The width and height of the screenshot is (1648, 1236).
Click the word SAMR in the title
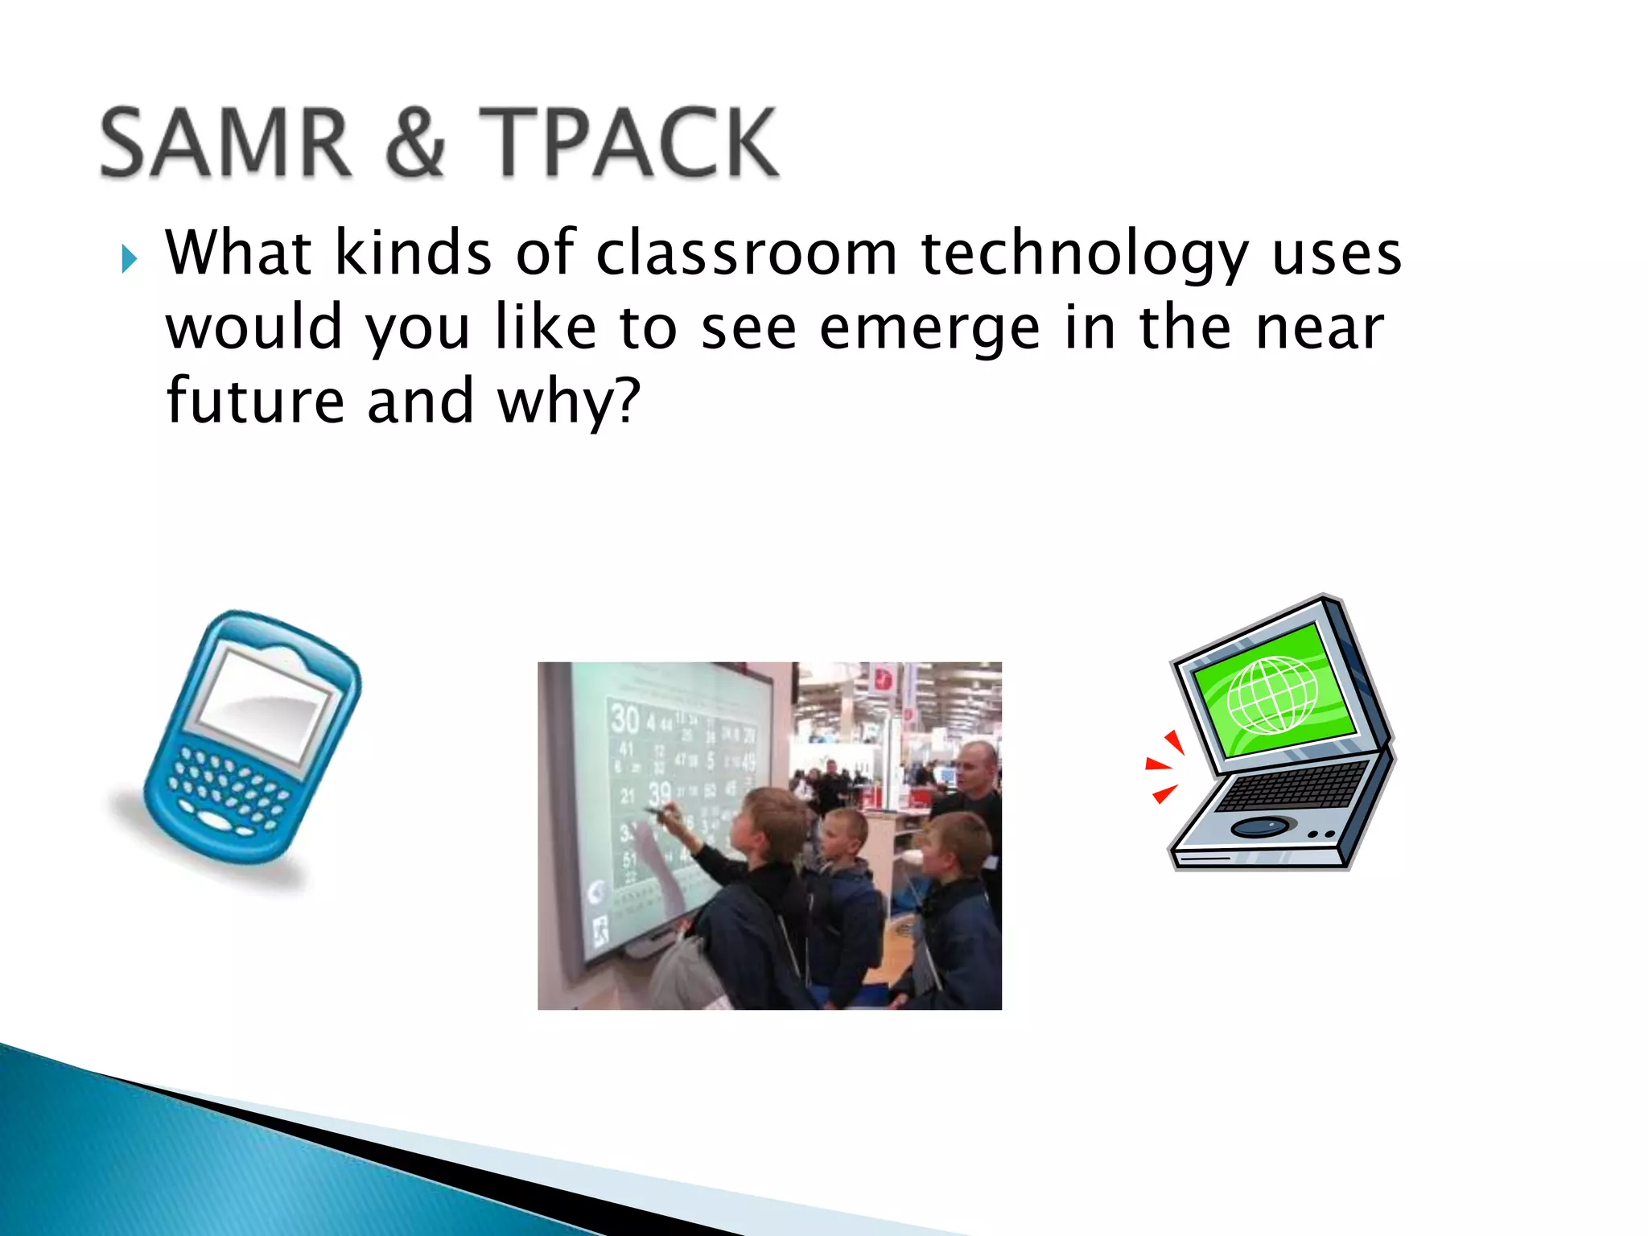click(226, 142)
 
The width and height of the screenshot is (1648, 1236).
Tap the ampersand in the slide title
click(415, 142)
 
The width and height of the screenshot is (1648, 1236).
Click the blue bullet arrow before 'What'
click(129, 259)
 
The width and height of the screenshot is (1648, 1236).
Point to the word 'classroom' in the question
click(746, 253)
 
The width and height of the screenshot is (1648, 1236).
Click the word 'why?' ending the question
click(569, 402)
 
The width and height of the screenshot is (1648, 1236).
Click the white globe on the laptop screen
click(1272, 694)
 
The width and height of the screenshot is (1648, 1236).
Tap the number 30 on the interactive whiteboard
click(624, 718)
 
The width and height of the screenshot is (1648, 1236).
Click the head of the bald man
click(977, 767)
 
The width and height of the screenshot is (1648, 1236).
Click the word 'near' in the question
click(1320, 328)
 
